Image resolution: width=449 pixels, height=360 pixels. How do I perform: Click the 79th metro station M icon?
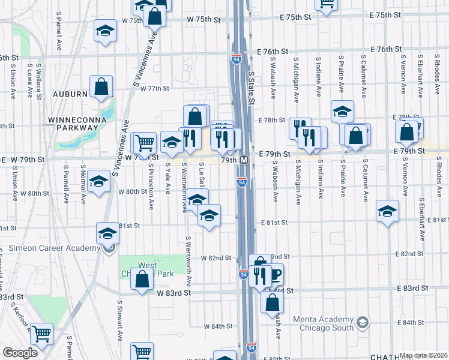click(244, 161)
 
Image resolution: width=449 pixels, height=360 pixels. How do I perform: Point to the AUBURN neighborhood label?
click(70, 95)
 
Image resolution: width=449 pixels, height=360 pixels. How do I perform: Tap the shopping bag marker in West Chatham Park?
click(142, 280)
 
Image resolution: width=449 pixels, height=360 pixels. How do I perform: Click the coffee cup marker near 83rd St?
click(274, 275)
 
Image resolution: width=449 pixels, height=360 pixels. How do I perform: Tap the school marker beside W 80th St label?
click(99, 181)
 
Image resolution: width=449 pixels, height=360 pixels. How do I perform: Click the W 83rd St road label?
click(174, 293)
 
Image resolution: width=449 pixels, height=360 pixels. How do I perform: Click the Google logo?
click(20, 352)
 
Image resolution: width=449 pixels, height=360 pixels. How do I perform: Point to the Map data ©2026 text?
click(424, 355)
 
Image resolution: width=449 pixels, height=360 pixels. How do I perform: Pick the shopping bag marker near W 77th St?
click(101, 87)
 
